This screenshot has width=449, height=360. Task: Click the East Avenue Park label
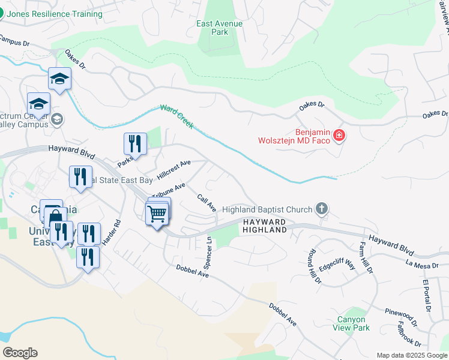220,28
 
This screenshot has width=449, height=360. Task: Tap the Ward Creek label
176,117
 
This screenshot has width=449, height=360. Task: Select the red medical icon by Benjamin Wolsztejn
339,136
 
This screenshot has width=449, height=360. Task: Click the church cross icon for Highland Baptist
322,209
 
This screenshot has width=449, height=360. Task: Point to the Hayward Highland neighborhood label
265,226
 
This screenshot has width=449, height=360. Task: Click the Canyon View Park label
352,323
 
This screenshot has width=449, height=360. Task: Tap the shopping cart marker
157,213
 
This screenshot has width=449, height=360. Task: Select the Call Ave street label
206,203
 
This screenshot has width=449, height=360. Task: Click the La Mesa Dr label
419,263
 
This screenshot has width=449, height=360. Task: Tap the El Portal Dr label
426,295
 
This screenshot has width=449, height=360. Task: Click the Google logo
20,353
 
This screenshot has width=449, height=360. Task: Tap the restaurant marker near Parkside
135,144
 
